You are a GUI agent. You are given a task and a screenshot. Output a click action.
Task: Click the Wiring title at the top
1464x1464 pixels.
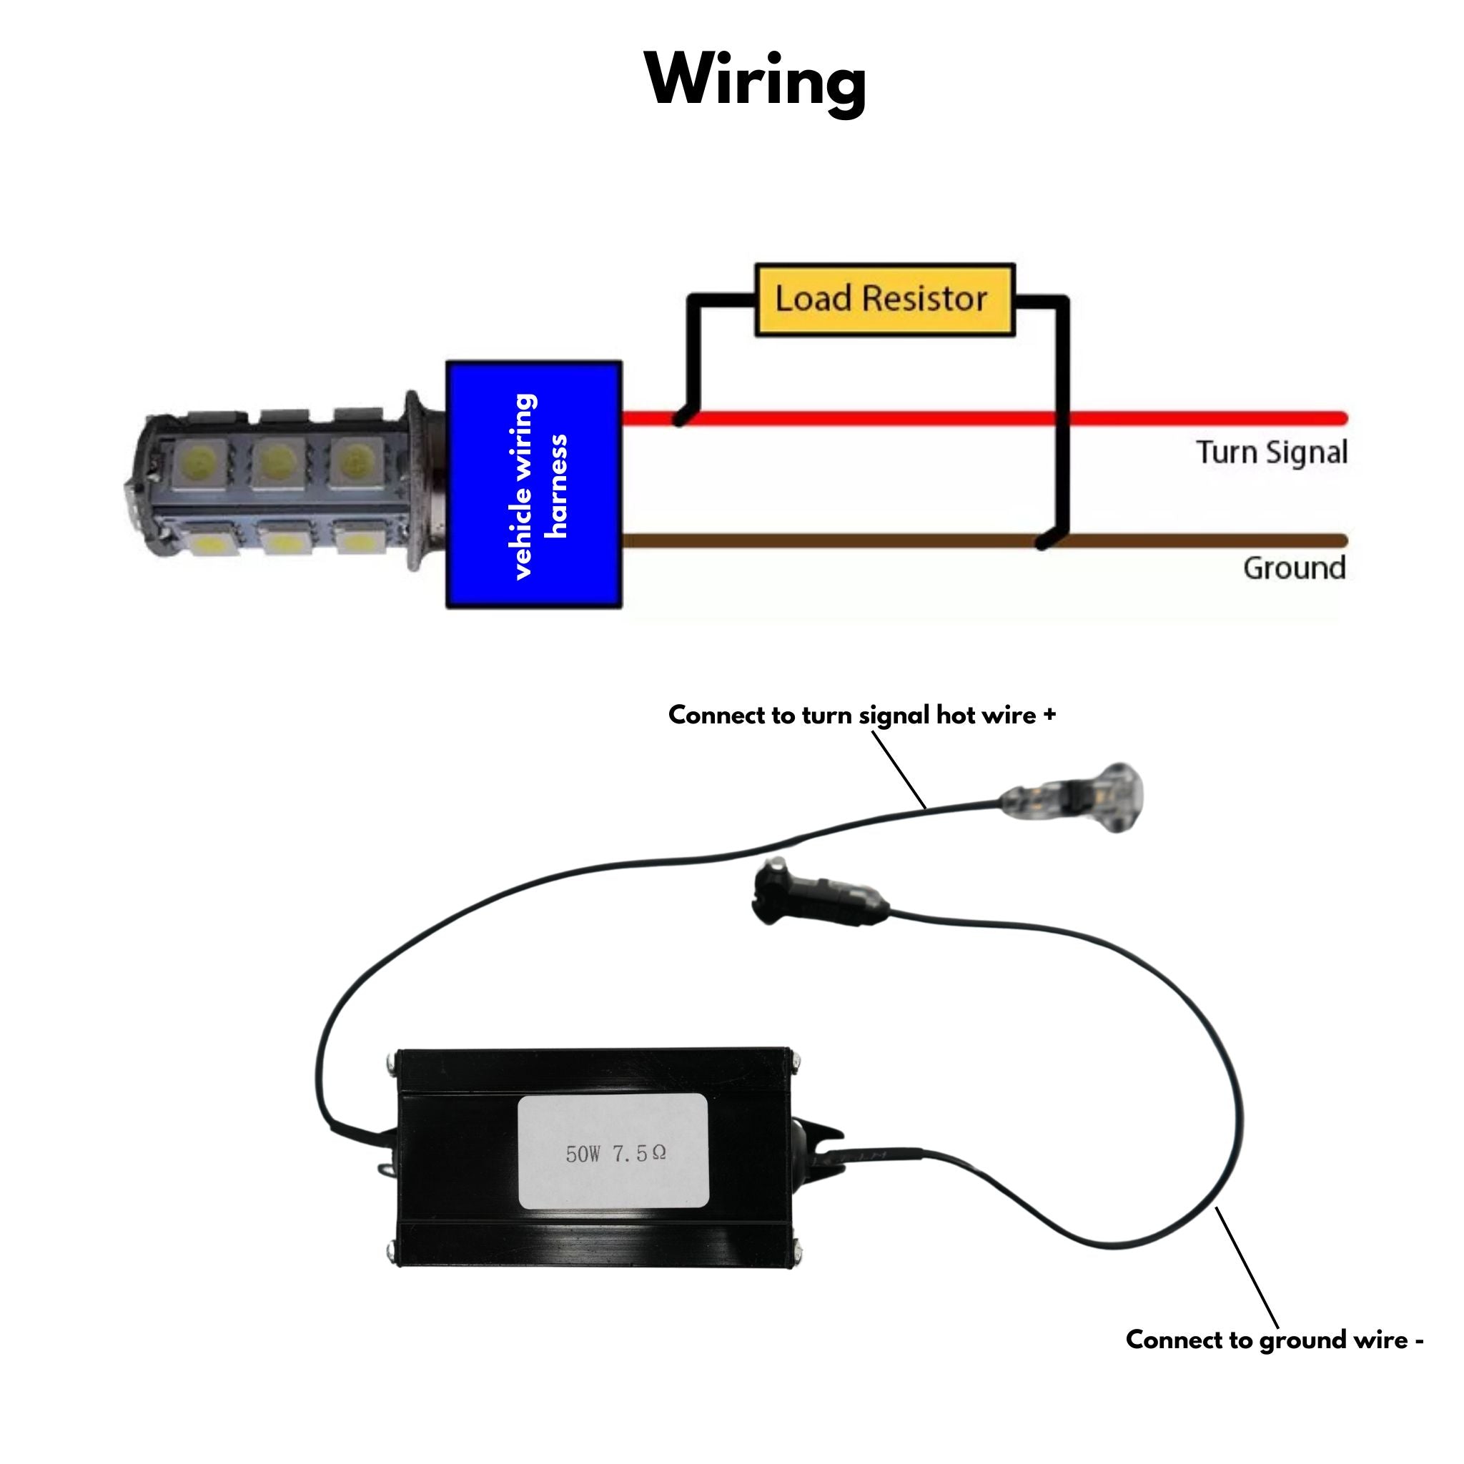coord(756,81)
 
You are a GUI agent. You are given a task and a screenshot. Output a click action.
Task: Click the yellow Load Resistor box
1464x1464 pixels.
coord(884,300)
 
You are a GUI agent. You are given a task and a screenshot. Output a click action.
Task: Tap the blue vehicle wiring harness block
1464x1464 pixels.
coord(534,485)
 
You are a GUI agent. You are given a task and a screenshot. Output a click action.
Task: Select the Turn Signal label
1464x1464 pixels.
coord(1272,452)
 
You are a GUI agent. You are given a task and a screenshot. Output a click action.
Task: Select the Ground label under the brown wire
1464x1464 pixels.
coord(1293,568)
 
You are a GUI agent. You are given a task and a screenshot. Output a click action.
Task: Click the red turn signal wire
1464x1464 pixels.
coord(871,417)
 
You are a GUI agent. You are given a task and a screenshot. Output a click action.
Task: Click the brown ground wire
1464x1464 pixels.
coord(834,540)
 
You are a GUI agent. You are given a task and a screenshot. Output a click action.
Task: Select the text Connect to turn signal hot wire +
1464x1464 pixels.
coord(861,715)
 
